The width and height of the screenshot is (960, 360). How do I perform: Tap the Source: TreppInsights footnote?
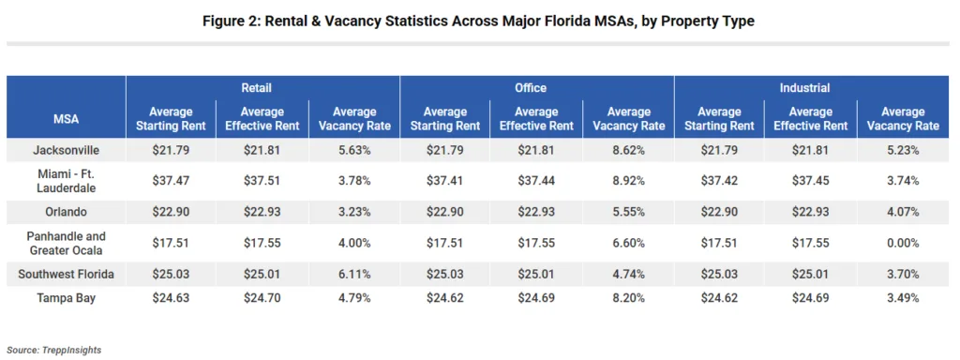[53, 350]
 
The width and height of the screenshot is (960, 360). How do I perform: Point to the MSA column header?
[66, 118]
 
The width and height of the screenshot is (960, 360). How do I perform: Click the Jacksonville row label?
[66, 150]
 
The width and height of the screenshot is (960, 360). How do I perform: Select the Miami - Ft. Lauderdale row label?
[66, 181]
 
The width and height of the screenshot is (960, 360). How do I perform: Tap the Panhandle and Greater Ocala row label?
[66, 243]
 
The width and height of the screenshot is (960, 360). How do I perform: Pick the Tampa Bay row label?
[66, 298]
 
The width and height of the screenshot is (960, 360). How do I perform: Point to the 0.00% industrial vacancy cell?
[902, 243]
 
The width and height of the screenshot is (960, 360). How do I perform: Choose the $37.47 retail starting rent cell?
[171, 181]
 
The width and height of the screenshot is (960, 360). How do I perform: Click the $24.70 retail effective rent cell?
[262, 298]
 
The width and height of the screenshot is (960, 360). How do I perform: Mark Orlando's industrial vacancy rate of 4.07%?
[902, 212]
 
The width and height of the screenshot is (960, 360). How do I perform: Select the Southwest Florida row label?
[66, 274]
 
